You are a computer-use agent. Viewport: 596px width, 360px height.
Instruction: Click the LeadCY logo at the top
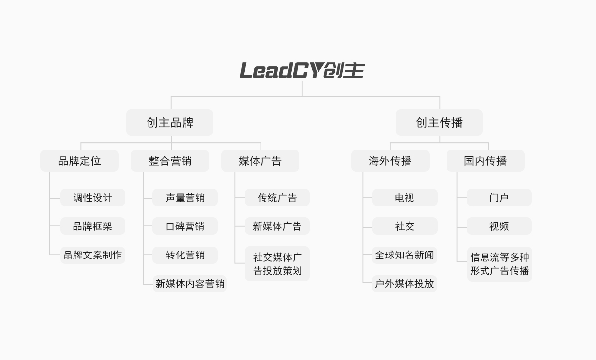(x=302, y=71)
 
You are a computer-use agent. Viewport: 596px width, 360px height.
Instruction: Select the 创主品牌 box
(x=170, y=123)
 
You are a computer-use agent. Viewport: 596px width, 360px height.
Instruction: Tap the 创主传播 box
(x=439, y=123)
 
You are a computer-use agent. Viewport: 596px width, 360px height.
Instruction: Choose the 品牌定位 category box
(x=79, y=161)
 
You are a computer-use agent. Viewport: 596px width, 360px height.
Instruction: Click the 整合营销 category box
(x=170, y=161)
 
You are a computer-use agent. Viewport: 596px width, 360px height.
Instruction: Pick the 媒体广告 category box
(x=260, y=161)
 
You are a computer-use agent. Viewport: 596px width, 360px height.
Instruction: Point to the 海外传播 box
(x=390, y=161)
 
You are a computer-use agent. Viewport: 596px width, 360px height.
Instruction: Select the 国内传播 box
(x=485, y=161)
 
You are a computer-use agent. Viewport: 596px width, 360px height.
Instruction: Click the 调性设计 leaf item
(x=93, y=198)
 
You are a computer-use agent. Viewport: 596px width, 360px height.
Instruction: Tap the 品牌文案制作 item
(x=93, y=255)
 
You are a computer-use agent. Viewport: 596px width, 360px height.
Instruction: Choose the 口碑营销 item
(x=185, y=226)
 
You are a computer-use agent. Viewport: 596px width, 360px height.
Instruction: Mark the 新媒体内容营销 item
(x=189, y=284)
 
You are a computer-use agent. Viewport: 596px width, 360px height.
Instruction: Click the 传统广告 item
(x=277, y=198)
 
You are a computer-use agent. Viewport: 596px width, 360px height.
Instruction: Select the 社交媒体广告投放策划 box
(x=277, y=264)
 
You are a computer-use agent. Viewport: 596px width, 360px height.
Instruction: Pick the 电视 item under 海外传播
(x=405, y=198)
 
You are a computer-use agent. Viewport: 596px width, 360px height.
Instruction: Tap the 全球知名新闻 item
(x=405, y=255)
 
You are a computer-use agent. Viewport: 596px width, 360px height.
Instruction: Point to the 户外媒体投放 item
(x=405, y=284)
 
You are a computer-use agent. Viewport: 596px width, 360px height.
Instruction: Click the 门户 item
(x=499, y=198)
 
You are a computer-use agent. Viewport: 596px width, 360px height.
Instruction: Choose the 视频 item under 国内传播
(x=499, y=226)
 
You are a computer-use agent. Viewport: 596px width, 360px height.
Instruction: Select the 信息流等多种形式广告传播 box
(x=499, y=264)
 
